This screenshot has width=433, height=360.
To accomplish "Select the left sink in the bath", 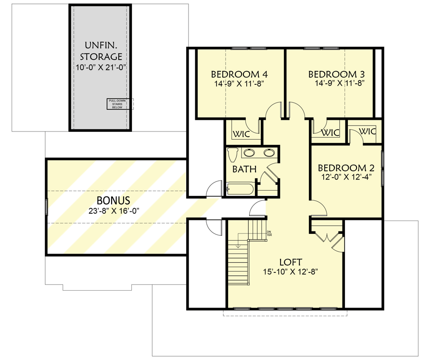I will pyautogui.click(x=249, y=154).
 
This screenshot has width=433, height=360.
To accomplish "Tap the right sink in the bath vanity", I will pyautogui.click(x=268, y=154).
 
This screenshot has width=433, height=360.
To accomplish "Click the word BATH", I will pyautogui.click(x=244, y=169).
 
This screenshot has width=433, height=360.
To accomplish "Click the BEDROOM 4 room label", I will pyautogui.click(x=239, y=75).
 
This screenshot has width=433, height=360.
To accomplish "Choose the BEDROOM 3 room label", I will pyautogui.click(x=336, y=75).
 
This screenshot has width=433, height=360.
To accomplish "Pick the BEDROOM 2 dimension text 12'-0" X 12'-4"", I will pyautogui.click(x=346, y=177).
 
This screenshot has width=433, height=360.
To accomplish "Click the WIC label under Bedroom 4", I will pyautogui.click(x=242, y=134).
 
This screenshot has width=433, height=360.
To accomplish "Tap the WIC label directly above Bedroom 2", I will pyautogui.click(x=367, y=131).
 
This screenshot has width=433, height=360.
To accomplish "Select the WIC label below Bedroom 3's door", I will pyautogui.click(x=330, y=132).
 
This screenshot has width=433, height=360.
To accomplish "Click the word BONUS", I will pyautogui.click(x=114, y=200).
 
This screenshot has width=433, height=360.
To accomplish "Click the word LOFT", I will pyautogui.click(x=291, y=262).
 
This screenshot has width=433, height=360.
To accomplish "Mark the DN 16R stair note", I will pyautogui.click(x=269, y=234).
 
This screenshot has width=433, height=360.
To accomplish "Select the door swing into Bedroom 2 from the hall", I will pyautogui.click(x=318, y=208).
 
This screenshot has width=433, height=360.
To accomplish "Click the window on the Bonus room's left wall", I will pyautogui.click(x=47, y=207).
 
